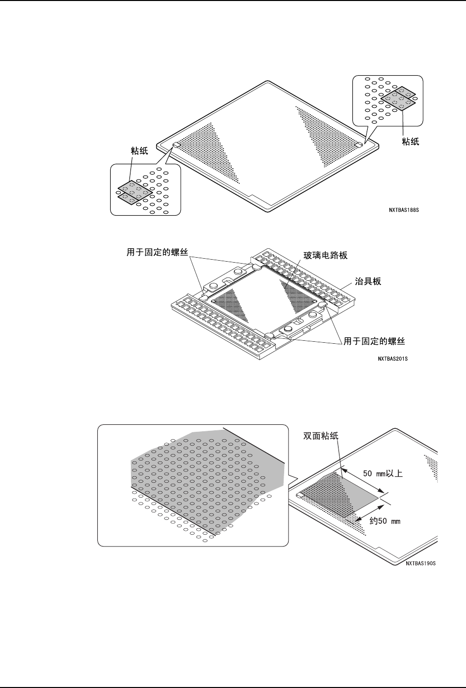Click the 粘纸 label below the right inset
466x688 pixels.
click(411, 141)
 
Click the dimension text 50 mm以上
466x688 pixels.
click(383, 473)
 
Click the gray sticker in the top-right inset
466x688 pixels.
click(398, 99)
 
